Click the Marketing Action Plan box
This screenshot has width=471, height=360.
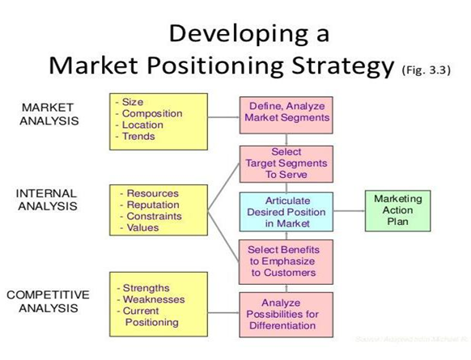(397, 210)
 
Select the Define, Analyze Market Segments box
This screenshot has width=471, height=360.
(286, 112)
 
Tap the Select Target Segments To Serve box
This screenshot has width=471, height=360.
(286, 163)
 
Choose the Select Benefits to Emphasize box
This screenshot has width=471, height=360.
(286, 261)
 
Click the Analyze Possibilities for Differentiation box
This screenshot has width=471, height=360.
(286, 314)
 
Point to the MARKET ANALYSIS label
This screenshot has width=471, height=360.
(47, 114)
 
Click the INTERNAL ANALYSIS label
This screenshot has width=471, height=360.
(46, 200)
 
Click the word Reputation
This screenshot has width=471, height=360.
(153, 205)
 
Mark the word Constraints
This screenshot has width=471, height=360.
(155, 217)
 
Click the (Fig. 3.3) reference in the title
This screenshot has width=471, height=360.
(426, 69)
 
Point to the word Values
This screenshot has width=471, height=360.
(143, 228)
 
